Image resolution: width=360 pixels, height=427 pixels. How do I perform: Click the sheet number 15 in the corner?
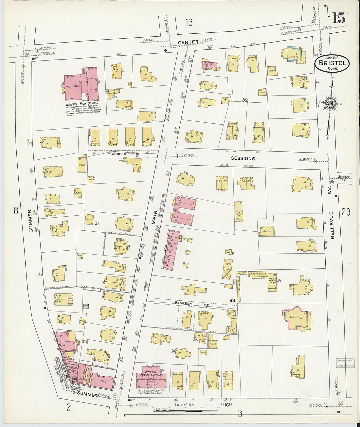339,18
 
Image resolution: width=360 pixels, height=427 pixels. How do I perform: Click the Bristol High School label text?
82,103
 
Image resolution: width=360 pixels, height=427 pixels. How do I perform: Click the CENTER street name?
188,42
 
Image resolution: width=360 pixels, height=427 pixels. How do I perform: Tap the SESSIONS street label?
243,158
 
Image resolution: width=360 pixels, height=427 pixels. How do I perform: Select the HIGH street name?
226,405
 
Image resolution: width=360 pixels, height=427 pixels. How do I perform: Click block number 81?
97,223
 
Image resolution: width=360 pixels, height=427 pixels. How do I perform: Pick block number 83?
232,300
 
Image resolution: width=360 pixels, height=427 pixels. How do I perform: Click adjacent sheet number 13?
189,23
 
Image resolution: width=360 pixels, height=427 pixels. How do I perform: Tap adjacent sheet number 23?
346,212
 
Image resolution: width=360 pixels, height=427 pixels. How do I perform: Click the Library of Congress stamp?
345,363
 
